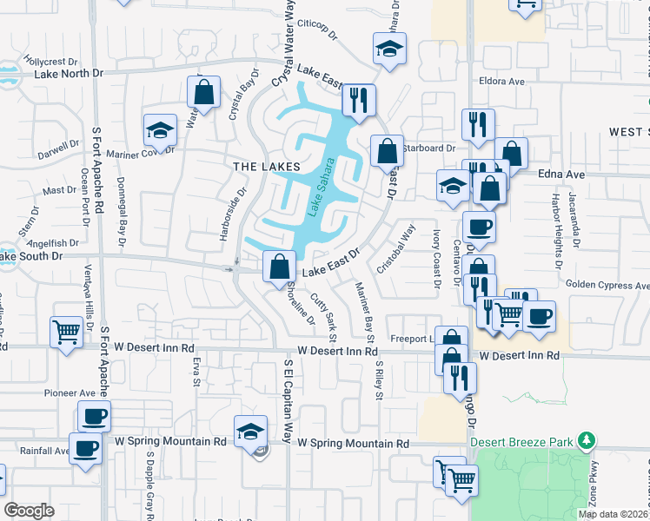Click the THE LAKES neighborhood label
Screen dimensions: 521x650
(x=267, y=166)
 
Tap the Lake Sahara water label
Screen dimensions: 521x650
(x=319, y=188)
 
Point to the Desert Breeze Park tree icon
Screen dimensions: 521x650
(x=588, y=440)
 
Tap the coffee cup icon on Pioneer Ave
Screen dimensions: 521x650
(x=94, y=415)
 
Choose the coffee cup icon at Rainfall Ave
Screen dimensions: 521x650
(x=85, y=449)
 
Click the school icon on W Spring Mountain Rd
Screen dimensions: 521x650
(x=249, y=431)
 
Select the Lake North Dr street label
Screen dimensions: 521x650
(x=68, y=73)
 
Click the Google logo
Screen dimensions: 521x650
(x=29, y=511)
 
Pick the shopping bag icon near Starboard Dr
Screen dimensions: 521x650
(x=387, y=150)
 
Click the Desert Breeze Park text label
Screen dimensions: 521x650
(x=522, y=441)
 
